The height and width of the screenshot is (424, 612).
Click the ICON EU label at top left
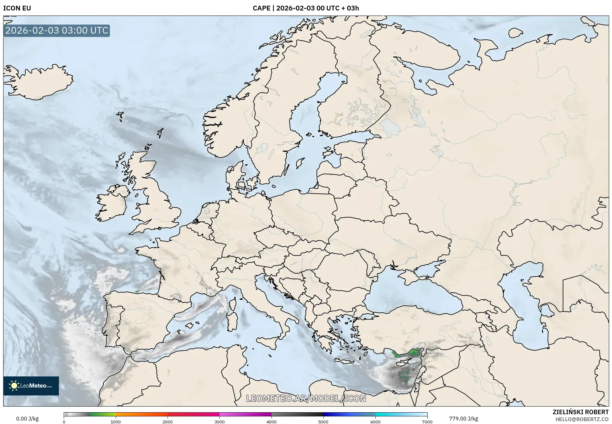tap(17, 8)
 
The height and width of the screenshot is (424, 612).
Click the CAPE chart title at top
tap(306, 8)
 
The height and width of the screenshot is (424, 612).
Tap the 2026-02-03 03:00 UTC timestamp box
tap(57, 30)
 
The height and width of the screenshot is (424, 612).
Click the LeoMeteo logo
tap(31, 386)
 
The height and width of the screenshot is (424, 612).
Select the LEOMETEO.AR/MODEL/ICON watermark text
tap(306, 398)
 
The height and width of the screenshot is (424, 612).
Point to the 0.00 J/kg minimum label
tap(27, 419)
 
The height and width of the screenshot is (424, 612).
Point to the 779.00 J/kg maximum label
tap(463, 419)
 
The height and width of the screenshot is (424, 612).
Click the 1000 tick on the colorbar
tap(116, 422)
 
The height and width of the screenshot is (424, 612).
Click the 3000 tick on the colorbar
tap(220, 422)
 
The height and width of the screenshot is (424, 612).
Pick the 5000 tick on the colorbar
tap(323, 422)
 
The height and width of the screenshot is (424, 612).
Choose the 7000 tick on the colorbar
tap(427, 422)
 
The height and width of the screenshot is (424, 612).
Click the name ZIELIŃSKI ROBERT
tap(580, 412)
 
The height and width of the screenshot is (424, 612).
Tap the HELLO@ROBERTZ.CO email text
tap(582, 419)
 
